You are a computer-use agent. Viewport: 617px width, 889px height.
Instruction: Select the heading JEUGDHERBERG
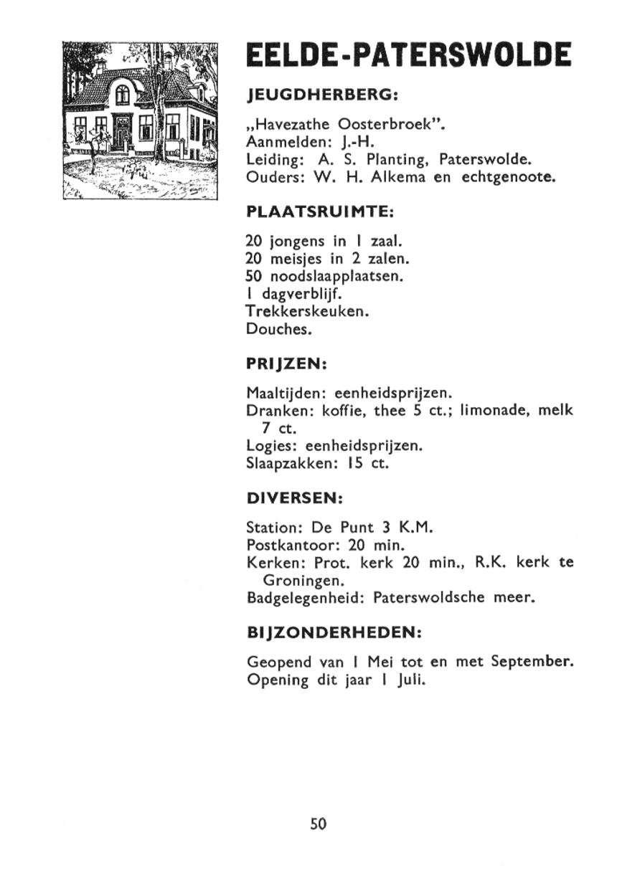click(x=321, y=95)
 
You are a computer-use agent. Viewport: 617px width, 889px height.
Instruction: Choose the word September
click(x=532, y=661)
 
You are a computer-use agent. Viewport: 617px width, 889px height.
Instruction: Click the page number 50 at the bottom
click(x=319, y=824)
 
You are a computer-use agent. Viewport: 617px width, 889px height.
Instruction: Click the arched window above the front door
click(x=123, y=92)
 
